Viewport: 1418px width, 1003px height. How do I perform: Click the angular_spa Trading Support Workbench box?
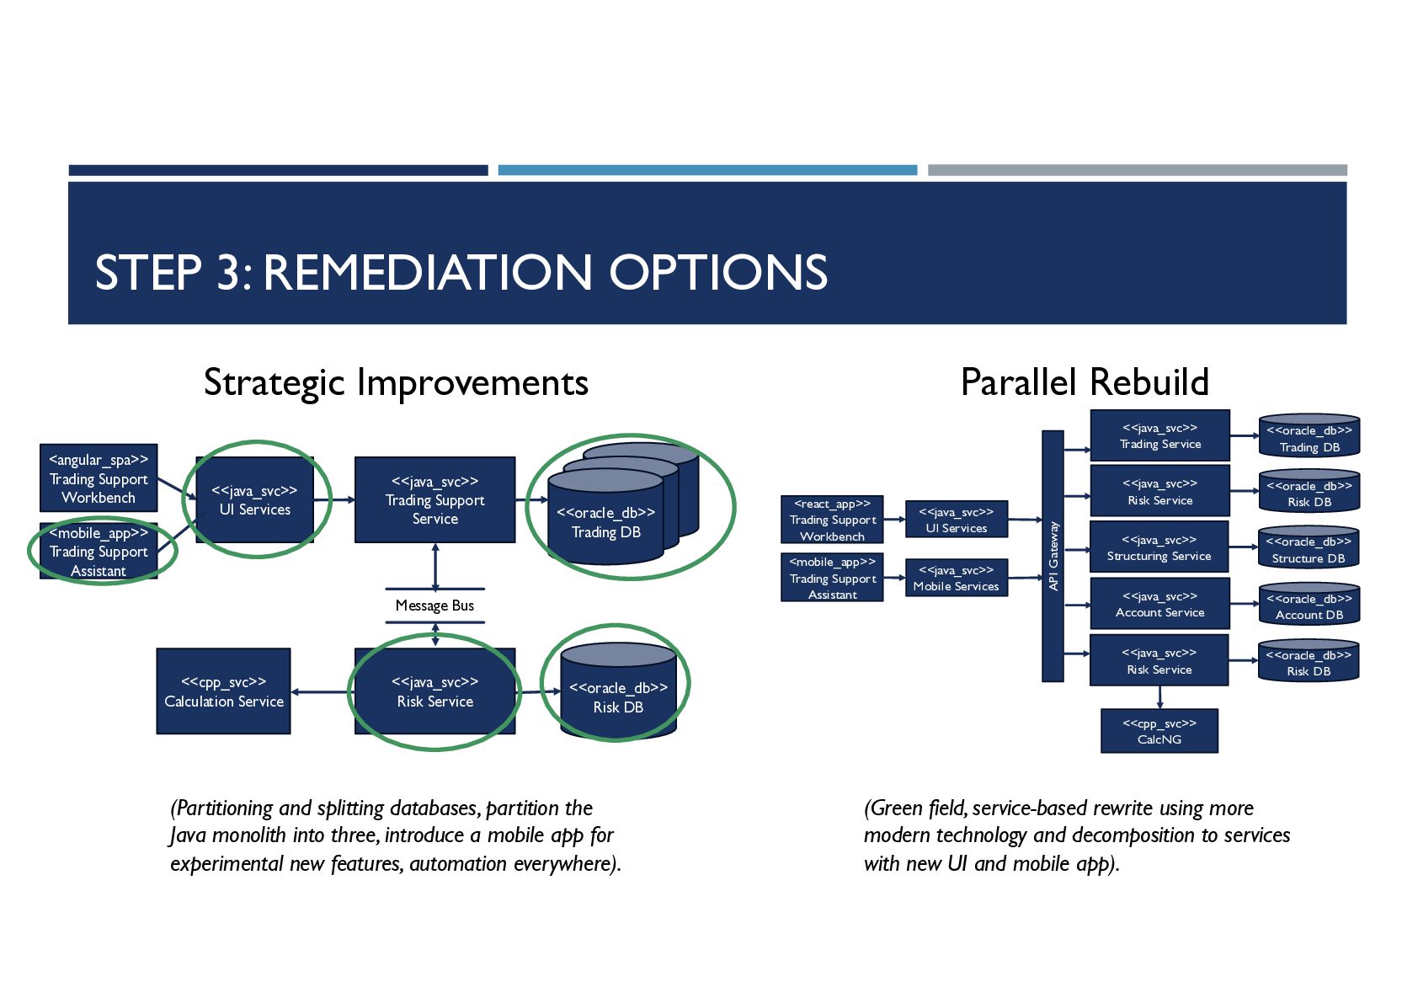[99, 477]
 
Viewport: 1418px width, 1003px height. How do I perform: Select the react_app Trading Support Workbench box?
[832, 520]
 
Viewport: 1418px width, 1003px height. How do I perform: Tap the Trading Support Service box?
[434, 499]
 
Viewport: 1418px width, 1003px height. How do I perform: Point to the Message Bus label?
[434, 606]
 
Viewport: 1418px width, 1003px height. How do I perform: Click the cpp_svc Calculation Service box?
[223, 691]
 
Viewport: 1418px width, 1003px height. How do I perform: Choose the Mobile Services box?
[956, 579]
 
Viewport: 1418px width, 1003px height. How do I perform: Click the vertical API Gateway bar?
[1053, 556]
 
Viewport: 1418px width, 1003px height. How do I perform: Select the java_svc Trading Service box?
[1159, 435]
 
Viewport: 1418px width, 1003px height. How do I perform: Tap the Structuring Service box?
[1159, 547]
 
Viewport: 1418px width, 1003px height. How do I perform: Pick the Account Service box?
[1159, 604]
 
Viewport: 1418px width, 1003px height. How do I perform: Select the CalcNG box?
[1159, 731]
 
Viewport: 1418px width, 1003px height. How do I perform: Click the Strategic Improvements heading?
[396, 382]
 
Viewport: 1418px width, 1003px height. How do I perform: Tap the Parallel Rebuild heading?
[1085, 382]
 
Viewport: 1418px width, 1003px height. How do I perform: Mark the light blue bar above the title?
[707, 170]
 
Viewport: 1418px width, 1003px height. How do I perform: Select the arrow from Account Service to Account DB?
[1244, 604]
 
